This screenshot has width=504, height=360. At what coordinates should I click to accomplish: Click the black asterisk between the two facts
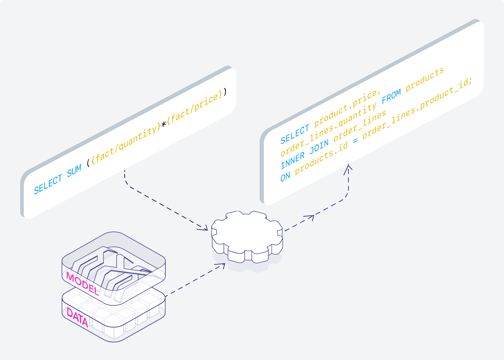(x=164, y=124)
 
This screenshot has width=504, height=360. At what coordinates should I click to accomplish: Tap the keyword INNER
(x=293, y=160)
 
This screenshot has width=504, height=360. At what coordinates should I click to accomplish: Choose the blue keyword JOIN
(x=319, y=147)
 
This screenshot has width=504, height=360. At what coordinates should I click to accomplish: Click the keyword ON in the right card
(x=285, y=177)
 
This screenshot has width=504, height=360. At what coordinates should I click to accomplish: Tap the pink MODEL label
(x=82, y=284)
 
